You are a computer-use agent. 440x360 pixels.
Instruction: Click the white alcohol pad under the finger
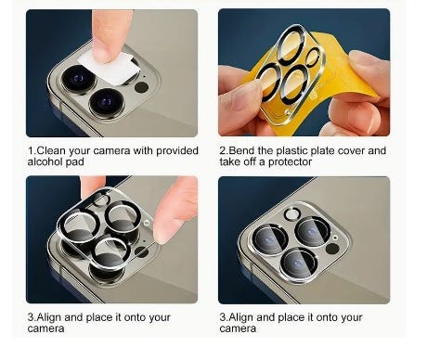click(109, 68)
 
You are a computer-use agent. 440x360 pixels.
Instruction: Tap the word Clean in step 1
click(51, 150)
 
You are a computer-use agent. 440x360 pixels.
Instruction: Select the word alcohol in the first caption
click(45, 161)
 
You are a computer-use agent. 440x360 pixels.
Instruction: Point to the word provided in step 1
click(177, 150)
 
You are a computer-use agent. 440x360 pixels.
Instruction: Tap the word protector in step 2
click(290, 162)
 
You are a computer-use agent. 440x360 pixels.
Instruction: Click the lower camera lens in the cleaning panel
click(107, 102)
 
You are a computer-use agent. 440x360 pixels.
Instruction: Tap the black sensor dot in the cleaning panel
click(141, 87)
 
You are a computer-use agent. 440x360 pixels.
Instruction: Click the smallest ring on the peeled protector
click(313, 57)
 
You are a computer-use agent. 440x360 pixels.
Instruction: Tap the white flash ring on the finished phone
click(292, 214)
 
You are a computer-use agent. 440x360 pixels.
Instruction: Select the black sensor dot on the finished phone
click(332, 249)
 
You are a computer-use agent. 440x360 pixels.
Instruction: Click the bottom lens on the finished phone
click(299, 264)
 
